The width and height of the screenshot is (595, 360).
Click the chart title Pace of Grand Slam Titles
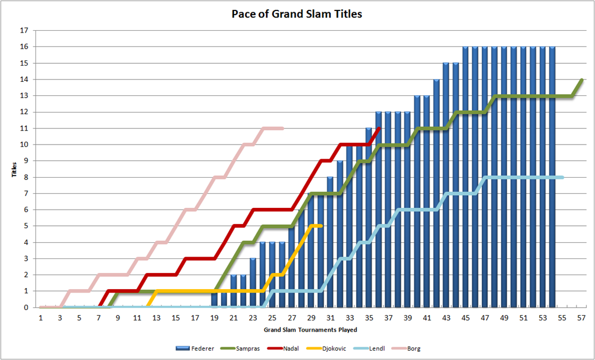(297, 15)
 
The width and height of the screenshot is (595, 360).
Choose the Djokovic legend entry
(324, 348)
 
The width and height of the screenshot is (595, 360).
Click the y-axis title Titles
(14, 169)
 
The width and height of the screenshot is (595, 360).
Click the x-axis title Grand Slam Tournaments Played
(310, 330)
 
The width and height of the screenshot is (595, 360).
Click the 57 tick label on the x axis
(581, 318)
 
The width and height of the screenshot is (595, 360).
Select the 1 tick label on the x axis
(40, 318)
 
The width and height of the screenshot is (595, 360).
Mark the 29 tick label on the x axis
(311, 318)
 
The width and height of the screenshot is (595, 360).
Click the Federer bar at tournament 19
(214, 299)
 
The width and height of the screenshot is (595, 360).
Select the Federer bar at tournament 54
(552, 177)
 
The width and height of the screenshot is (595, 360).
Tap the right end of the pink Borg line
(283, 128)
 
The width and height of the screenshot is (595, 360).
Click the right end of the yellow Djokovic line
(321, 226)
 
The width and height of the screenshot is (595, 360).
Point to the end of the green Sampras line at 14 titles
(582, 80)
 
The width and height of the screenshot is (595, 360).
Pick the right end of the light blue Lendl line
(562, 177)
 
